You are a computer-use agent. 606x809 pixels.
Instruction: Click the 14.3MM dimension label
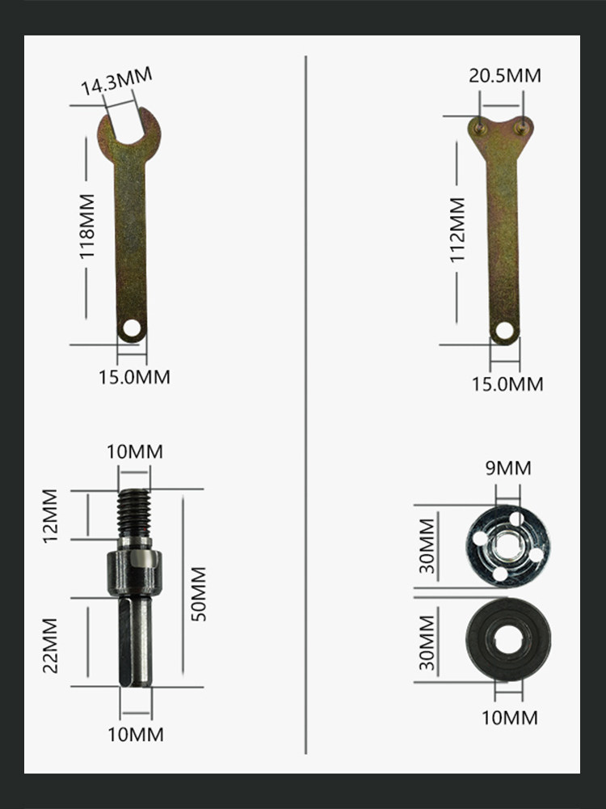point(116,81)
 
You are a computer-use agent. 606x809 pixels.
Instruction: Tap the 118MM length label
point(86,226)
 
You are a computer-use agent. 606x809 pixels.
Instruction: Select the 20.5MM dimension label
point(504,75)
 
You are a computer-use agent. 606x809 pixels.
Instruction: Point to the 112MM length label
point(457,230)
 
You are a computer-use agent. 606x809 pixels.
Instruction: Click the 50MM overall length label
point(199,594)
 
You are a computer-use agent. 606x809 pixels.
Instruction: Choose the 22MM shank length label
point(50,646)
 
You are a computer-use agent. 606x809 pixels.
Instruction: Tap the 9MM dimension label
point(508,468)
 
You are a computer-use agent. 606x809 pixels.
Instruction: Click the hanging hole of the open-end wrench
point(132,327)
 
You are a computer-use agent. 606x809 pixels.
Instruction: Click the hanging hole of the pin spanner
point(504,330)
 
